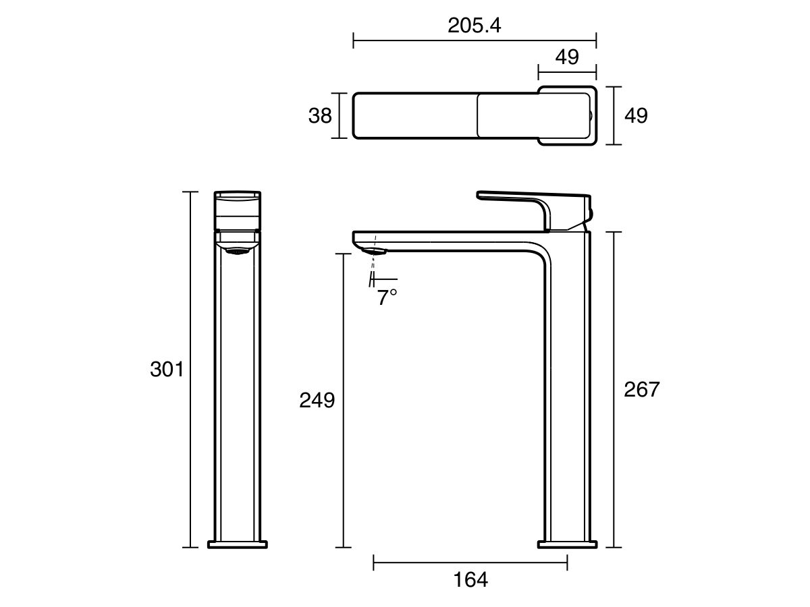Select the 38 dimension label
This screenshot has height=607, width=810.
point(320,116)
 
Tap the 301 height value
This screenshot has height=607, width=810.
point(167,370)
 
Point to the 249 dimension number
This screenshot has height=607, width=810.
point(317,401)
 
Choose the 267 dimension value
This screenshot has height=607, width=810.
point(641,389)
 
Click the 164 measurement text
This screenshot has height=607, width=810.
point(470,579)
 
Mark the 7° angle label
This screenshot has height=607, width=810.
point(387,297)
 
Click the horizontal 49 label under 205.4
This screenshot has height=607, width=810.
point(567,57)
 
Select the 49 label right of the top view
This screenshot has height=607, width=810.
point(635,116)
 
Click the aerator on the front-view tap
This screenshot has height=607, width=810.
point(238,252)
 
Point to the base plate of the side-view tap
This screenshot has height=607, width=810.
point(567,544)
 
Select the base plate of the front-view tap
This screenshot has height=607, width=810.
point(238,544)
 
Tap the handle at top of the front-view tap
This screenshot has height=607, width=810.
point(238,209)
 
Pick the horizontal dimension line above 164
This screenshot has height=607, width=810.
point(470,561)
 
